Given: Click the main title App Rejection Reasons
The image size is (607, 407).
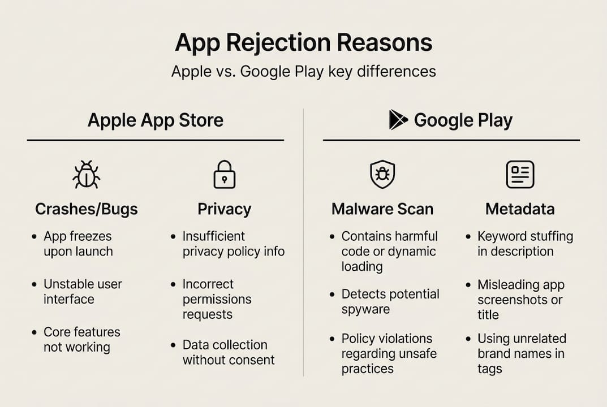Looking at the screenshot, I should (x=303, y=43).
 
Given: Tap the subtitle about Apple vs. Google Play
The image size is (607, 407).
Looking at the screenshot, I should (x=303, y=72).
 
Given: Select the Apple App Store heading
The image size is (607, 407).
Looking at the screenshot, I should (x=155, y=120).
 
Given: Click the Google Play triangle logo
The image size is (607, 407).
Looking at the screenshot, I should (x=398, y=120).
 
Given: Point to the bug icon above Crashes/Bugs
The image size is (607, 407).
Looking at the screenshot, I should (x=86, y=174).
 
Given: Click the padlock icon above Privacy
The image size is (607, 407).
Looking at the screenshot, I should (x=224, y=174).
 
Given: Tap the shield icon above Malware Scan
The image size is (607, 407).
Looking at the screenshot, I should (x=382, y=174).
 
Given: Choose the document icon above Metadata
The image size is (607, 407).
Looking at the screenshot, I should (x=520, y=174).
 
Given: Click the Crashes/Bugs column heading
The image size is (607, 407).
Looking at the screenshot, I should (x=86, y=209).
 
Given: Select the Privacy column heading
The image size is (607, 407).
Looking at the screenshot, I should (x=224, y=209).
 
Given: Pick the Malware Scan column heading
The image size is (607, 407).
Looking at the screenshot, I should (x=382, y=209).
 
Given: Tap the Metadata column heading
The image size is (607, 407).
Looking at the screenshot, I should (x=520, y=209).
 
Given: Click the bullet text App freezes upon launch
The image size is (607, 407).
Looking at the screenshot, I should (x=78, y=244).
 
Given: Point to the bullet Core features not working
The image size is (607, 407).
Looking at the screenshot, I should (x=81, y=339).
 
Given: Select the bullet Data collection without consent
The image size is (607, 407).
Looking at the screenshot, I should (x=228, y=352).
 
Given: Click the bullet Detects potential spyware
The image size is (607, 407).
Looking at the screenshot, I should (x=390, y=301).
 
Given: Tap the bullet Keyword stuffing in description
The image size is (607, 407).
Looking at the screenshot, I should (x=525, y=244).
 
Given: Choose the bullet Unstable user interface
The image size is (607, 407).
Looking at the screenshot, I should (x=83, y=291).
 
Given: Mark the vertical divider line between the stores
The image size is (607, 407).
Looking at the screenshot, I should (x=304, y=243).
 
